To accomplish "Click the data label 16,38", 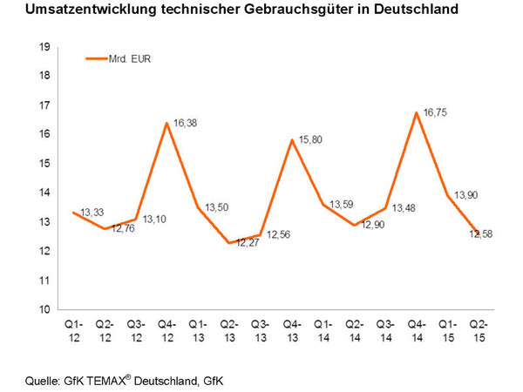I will click(186, 124).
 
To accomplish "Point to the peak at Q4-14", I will click(417, 112).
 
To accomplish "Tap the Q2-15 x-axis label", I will click(479, 334).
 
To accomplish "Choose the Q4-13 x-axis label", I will click(292, 334).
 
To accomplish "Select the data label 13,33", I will click(93, 211).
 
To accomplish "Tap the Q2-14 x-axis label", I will click(355, 334).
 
